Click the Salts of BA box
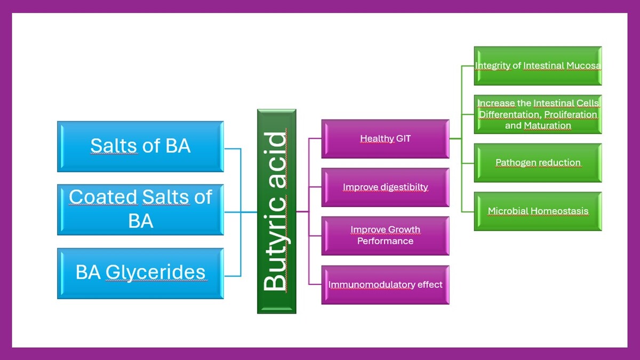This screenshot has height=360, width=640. pos(141,147)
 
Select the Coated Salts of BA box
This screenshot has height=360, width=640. pos(141,210)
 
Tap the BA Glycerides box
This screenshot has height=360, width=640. pos(141,274)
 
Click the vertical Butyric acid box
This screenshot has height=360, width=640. pos(277,211)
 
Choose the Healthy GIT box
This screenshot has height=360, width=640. pos(386,139)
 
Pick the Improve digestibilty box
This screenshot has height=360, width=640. pos(386,187)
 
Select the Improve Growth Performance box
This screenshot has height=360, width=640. pos(386,236)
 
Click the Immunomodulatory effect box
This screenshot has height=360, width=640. pos(386,285)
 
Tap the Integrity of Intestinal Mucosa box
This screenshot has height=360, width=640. pos(538,66)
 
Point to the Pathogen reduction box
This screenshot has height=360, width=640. pos(538,163)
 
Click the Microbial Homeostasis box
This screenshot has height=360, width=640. pos(538,211)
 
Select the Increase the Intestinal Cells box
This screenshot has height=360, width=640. pos(538,114)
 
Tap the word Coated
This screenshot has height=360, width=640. pos(103,197)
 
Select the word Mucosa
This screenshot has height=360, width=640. pos(583,66)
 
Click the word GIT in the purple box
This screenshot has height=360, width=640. pos(403,139)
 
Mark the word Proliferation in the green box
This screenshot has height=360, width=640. pos(571,114)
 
